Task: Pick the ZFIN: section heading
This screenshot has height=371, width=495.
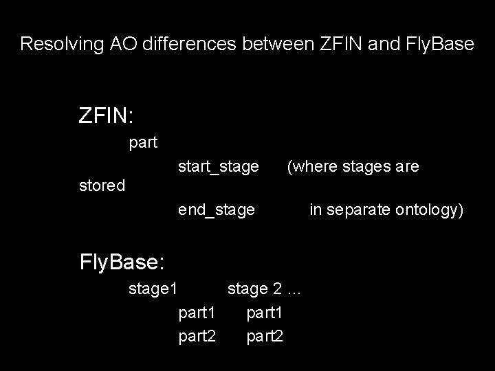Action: (106, 115)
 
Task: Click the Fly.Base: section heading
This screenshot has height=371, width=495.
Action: (121, 262)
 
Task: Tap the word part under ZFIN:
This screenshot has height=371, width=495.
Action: (143, 143)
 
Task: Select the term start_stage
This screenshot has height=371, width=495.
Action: (218, 167)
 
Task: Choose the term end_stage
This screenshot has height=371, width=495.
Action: (216, 209)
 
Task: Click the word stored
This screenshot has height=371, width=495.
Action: (101, 185)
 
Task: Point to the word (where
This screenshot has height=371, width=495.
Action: (309, 167)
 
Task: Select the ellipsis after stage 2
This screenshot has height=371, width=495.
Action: (294, 289)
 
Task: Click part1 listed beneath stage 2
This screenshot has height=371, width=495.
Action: (264, 313)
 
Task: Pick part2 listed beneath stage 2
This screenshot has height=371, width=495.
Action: (264, 336)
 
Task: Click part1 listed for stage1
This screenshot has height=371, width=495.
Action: (197, 313)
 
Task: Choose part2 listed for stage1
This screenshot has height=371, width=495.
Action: (197, 336)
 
